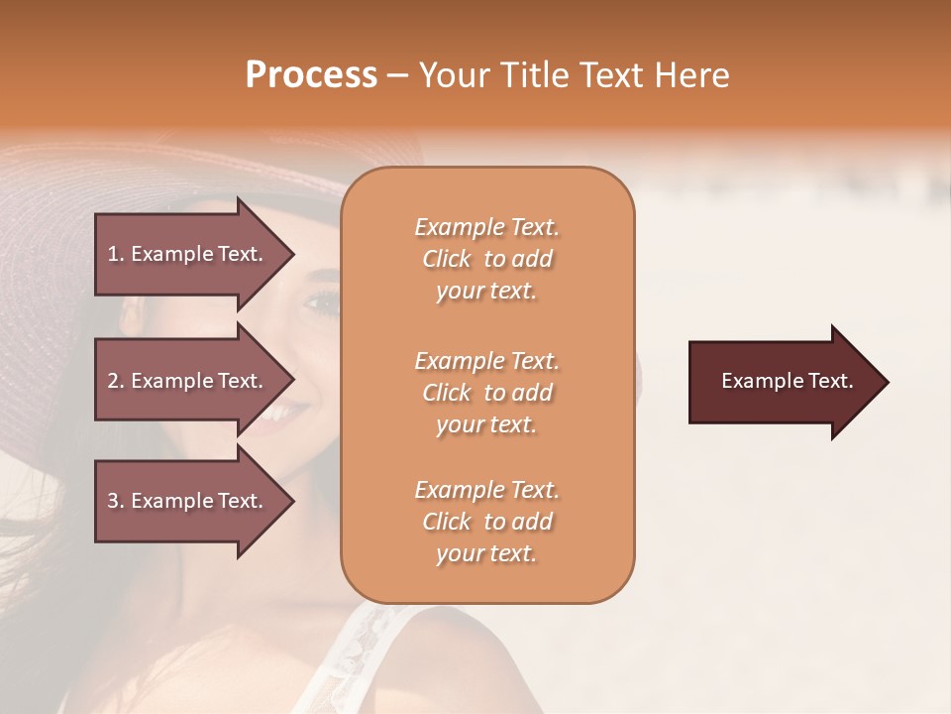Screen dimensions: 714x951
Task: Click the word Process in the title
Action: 311,75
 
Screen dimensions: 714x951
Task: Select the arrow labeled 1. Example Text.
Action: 188,254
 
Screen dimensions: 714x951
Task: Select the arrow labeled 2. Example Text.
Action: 188,381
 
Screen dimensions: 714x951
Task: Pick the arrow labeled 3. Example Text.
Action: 188,501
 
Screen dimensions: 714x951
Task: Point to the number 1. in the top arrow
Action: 116,254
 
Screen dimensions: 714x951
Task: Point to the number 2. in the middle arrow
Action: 116,381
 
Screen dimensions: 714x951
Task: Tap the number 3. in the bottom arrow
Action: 116,501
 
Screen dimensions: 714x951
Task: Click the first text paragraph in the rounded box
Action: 486,259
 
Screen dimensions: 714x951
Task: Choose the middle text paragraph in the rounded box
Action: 486,393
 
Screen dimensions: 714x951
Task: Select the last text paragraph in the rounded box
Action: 486,522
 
